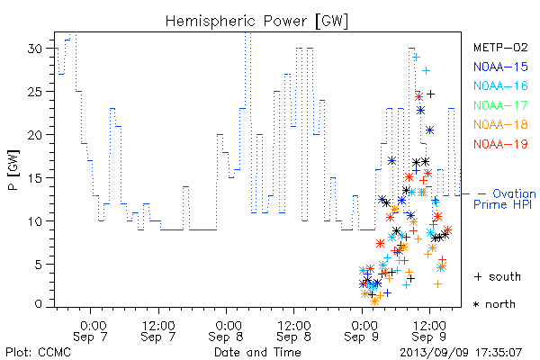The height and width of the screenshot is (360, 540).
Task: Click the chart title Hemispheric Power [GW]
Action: pyautogui.click(x=256, y=22)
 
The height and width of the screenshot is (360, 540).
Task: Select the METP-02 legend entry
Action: pyautogui.click(x=500, y=47)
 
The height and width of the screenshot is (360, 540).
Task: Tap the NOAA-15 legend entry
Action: pyautogui.click(x=500, y=67)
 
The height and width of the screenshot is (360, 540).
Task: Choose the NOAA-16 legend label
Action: pyautogui.click(x=500, y=85)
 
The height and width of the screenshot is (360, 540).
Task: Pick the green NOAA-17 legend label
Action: pyautogui.click(x=500, y=105)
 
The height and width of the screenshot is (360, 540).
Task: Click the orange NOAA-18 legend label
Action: pyautogui.click(x=500, y=124)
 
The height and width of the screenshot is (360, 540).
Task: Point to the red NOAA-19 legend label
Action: pyautogui.click(x=500, y=144)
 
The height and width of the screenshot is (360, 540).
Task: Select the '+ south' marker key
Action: pyautogui.click(x=498, y=276)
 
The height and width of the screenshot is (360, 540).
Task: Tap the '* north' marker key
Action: pyautogui.click(x=494, y=304)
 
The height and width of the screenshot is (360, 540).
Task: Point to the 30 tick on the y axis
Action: pyautogui.click(x=35, y=49)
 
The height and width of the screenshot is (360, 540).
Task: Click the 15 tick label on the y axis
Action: pyautogui.click(x=35, y=178)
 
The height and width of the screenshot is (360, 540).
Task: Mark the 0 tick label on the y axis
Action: pyautogui.click(x=39, y=304)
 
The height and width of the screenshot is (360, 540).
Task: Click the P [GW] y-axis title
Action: pyautogui.click(x=13, y=170)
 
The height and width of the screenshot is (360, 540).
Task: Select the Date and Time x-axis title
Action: pyautogui.click(x=257, y=352)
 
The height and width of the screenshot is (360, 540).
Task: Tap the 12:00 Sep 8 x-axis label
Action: pyautogui.click(x=293, y=331)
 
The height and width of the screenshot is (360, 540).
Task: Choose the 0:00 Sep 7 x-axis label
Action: pyautogui.click(x=91, y=331)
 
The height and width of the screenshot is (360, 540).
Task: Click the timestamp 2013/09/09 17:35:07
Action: pyautogui.click(x=461, y=353)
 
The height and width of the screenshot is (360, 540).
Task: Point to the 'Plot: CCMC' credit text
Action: pyautogui.click(x=38, y=352)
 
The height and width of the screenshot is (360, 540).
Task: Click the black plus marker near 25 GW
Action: pyautogui.click(x=430, y=94)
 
